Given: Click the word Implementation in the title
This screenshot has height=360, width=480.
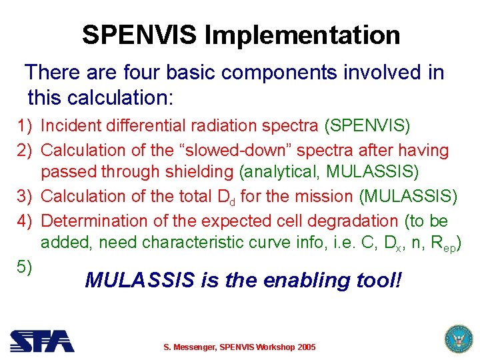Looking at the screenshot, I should point(302,35).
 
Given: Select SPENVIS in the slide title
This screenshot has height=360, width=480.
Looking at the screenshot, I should point(140,35).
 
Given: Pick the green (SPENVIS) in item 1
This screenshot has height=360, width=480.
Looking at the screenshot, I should point(367,125).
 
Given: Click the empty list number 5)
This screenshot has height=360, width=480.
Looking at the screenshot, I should point(25,267).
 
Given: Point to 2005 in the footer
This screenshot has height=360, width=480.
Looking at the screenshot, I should point(306,347).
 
